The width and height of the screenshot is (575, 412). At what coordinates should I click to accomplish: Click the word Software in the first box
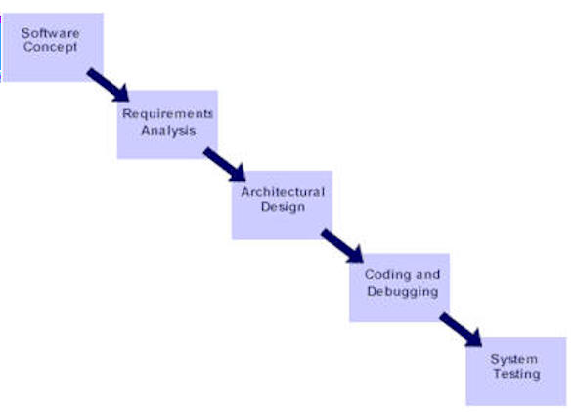[x=50, y=33]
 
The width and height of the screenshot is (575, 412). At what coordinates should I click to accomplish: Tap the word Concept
[x=51, y=47]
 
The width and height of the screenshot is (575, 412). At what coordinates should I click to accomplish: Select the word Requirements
[x=167, y=113]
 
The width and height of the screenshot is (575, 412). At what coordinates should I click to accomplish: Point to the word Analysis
[x=168, y=131]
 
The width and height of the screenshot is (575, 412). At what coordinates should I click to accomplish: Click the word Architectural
[x=283, y=192]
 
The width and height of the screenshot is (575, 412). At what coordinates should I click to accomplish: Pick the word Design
[x=283, y=207]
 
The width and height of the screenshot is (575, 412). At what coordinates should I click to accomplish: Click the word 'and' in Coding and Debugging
[x=428, y=274]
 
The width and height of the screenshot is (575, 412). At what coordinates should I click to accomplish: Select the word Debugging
[x=403, y=292]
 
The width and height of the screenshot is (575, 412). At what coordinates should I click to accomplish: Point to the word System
[x=514, y=359]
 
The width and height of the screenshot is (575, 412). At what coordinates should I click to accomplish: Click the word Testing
[x=516, y=374]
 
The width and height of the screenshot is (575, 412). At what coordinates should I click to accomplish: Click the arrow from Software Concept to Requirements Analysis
[x=109, y=85]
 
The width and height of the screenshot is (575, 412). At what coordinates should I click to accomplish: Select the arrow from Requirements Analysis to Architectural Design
[x=225, y=164]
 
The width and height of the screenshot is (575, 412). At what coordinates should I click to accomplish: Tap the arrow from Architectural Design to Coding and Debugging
[x=342, y=246]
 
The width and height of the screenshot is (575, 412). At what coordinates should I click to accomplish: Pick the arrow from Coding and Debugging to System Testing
[x=461, y=329]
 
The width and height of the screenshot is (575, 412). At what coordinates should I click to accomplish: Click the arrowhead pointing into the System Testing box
[x=474, y=339]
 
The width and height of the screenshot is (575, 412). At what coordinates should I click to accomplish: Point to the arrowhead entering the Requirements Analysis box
[x=121, y=95]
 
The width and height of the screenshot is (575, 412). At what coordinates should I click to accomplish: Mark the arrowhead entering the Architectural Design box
[x=239, y=174]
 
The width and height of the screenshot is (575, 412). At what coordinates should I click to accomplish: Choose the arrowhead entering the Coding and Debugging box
[x=356, y=255]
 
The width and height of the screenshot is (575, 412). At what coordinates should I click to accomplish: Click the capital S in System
[x=495, y=359]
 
